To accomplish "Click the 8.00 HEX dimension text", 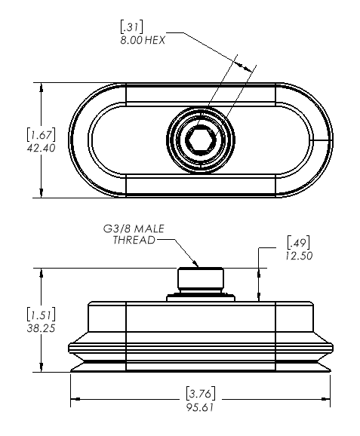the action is point(143,40).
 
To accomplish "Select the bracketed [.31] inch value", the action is point(131,27).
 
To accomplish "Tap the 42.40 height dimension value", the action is point(42,148).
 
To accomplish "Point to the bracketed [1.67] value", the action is point(42,135).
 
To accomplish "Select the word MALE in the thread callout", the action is point(149,229).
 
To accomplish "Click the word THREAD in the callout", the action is point(134,240).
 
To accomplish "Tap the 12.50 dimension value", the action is point(299,256).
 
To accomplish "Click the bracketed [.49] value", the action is point(299,243).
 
